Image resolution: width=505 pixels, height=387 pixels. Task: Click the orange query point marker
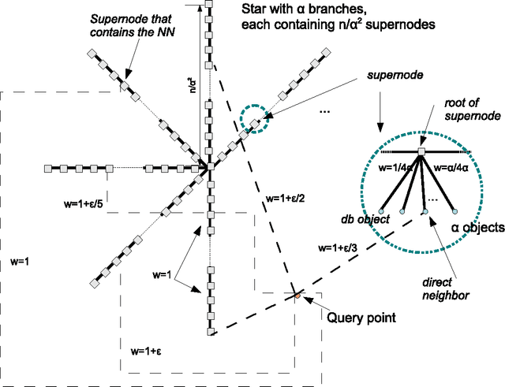click(x=297, y=296)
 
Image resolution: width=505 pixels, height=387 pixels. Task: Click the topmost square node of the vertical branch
click(x=209, y=5)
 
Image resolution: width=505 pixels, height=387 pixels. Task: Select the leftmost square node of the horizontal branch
click(x=47, y=168)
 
